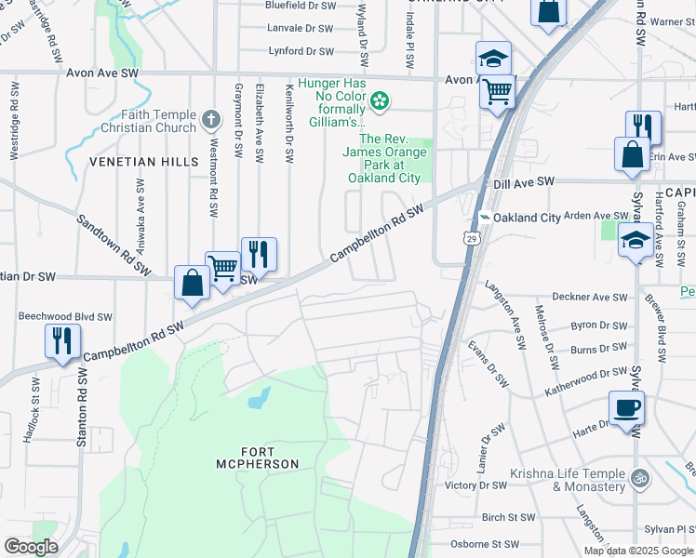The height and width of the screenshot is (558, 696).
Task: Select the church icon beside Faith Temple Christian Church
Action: point(211,119)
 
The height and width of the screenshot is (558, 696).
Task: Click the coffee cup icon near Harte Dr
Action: point(626,407)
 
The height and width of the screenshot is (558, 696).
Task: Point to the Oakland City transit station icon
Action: point(485,218)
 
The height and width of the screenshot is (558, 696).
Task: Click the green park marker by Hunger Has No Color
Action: point(380,100)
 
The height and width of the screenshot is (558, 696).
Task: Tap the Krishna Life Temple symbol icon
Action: point(638,479)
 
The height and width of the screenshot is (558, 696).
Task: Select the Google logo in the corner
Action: point(31,547)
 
